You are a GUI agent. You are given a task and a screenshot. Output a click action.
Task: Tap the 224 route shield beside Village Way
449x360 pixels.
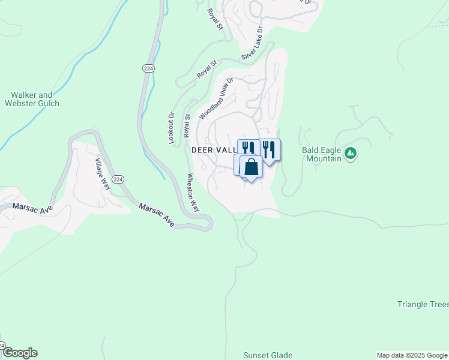tap(118, 179)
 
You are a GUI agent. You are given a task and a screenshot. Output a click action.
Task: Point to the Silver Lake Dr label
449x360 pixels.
tap(252, 43)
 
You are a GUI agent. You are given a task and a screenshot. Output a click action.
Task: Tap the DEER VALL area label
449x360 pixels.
tap(214, 150)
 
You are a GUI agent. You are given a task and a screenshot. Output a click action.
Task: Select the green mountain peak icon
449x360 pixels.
tap(351, 154)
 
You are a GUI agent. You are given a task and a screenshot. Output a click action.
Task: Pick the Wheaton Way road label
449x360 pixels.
tap(193, 192)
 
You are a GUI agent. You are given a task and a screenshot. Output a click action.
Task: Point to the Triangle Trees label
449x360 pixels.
tap(423, 304)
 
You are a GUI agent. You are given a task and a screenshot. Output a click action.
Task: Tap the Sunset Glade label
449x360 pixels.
tap(267, 355)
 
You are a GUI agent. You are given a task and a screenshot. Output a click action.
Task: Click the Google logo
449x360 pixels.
tap(19, 353)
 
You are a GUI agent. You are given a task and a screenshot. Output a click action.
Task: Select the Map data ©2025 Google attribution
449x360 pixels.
tap(412, 355)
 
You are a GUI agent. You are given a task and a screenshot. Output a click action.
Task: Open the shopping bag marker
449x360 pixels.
tap(251, 167)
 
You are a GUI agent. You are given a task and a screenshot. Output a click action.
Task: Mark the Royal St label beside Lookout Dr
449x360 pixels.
tap(187, 127)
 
